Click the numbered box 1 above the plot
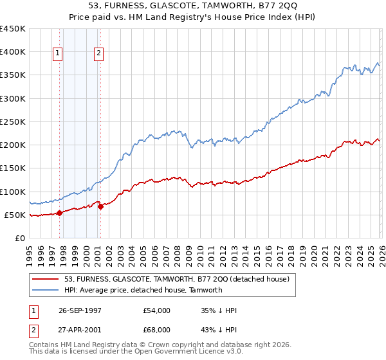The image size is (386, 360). pyautogui.click(x=59, y=54)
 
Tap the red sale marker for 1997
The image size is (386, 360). pyautogui.click(x=59, y=213)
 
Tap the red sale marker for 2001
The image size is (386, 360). pyautogui.click(x=100, y=206)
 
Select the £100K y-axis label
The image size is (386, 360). pyautogui.click(x=13, y=192)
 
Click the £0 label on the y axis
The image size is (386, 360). pyautogui.click(x=20, y=238)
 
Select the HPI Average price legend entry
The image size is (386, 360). pyautogui.click(x=143, y=290)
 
